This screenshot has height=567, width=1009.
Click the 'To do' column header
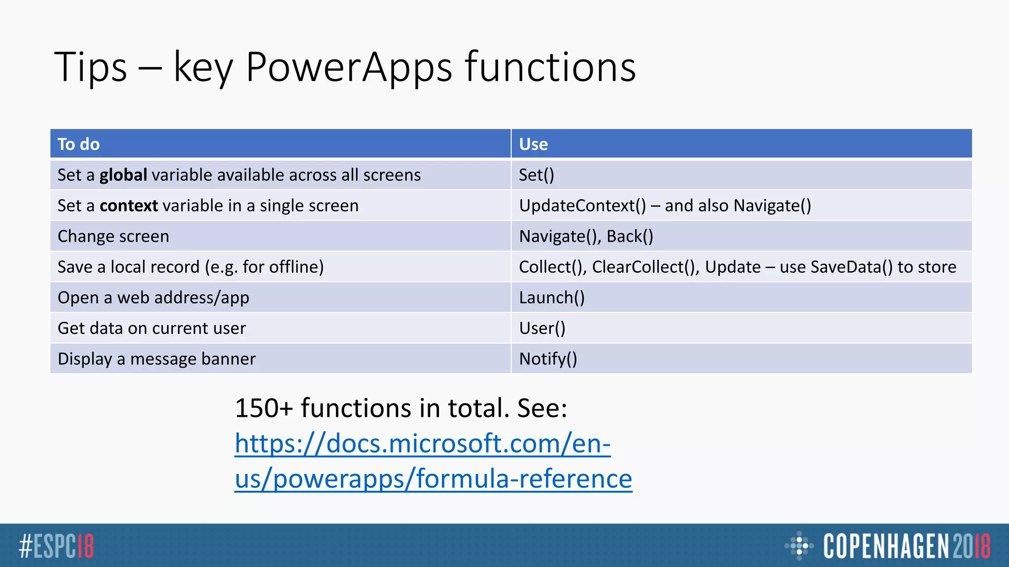click(x=79, y=144)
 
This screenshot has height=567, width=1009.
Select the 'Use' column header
click(x=533, y=144)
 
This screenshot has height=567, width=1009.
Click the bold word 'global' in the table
click(x=123, y=175)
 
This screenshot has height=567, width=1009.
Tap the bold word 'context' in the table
click(x=129, y=206)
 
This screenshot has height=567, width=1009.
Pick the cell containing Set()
click(x=537, y=175)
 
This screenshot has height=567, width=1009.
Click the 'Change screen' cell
click(x=113, y=236)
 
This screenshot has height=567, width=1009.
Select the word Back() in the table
click(x=630, y=236)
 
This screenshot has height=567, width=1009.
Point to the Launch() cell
click(x=552, y=298)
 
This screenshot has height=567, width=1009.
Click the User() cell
click(x=542, y=328)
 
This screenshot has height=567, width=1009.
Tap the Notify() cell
click(x=548, y=359)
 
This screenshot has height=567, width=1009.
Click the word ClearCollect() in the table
click(x=645, y=267)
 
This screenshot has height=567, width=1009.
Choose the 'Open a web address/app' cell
click(x=153, y=298)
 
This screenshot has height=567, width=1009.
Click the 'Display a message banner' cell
click(x=157, y=359)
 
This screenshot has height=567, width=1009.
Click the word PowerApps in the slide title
click(x=349, y=67)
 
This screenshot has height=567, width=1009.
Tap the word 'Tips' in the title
click(x=91, y=67)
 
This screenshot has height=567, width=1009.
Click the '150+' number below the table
click(x=264, y=408)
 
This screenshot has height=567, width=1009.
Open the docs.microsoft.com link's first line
click(x=423, y=443)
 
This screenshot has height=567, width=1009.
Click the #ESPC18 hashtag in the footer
click(x=56, y=546)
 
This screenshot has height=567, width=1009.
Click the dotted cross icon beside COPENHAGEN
click(x=799, y=545)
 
